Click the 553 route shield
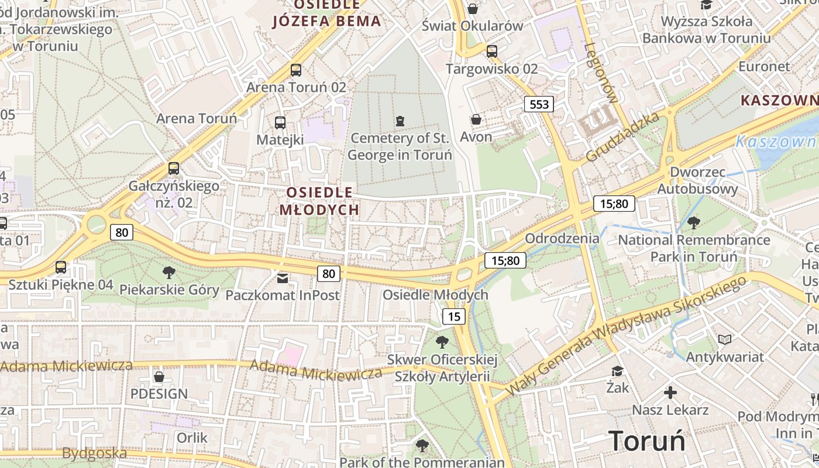tap(538, 105)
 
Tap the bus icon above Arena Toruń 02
tap(296, 70)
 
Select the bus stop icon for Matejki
tap(280, 123)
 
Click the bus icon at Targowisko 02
tap(491, 51)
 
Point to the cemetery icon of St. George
tap(400, 121)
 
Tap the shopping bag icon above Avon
tap(476, 119)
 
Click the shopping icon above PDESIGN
tap(159, 376)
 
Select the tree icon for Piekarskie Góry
tap(169, 272)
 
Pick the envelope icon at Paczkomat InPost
tap(283, 277)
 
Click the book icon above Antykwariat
tap(724, 339)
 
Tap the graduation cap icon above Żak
tap(617, 371)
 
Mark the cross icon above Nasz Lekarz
tap(670, 393)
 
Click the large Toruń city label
tap(646, 440)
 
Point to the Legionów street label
tap(600, 73)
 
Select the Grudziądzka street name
tap(622, 137)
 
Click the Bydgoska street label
tap(94, 453)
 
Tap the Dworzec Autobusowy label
tap(697, 181)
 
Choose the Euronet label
tap(764, 66)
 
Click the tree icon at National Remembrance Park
tap(694, 222)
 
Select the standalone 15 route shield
tap(453, 317)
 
